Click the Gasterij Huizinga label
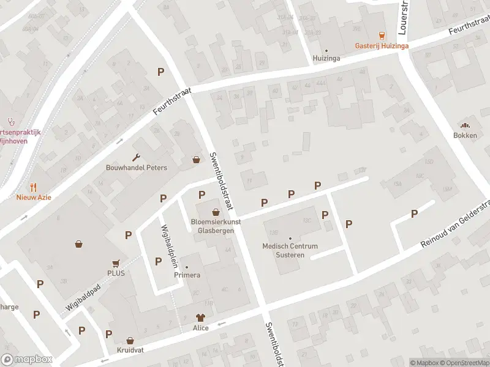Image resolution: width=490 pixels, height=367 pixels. tap(382, 45)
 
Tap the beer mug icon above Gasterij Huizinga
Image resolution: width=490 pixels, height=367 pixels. tap(382, 35)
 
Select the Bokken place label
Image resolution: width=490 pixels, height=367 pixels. tap(465, 135)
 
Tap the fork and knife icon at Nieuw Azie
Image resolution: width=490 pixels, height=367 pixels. tap(34, 187)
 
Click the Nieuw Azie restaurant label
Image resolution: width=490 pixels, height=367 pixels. tap(34, 197)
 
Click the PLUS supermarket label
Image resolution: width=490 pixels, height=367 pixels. tap(116, 273)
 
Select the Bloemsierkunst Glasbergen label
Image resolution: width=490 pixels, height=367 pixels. tap(216, 226)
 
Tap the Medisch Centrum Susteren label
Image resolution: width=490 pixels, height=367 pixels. tap(290, 250)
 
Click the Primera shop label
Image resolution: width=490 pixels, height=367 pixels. tap(187, 275)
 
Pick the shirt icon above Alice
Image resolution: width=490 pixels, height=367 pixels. tap(200, 317)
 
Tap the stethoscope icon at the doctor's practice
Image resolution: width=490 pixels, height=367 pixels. tap(10, 121)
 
